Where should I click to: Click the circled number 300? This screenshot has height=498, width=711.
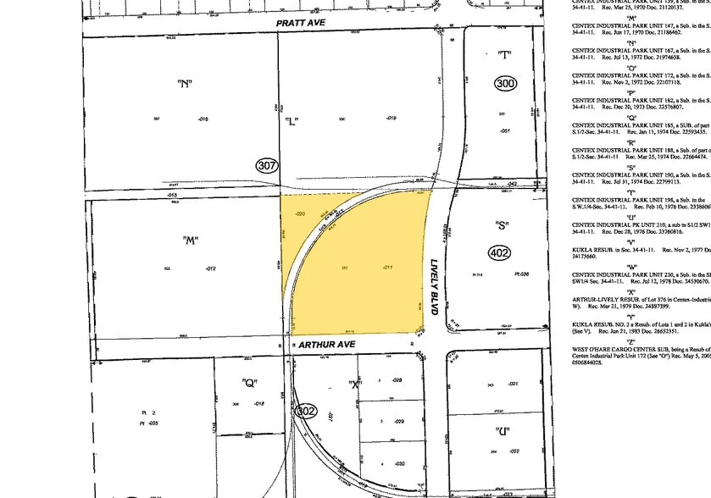[x=506, y=83]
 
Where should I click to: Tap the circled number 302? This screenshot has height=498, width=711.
[x=307, y=410]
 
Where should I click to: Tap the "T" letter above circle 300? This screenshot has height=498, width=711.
[x=505, y=56]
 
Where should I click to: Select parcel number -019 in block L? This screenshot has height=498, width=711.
[x=391, y=119]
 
